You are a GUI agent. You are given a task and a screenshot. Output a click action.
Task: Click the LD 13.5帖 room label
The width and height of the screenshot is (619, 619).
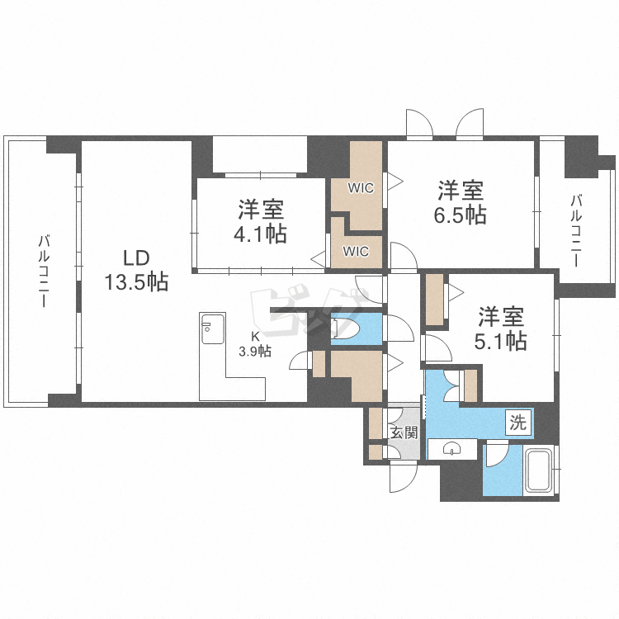[x=136, y=269]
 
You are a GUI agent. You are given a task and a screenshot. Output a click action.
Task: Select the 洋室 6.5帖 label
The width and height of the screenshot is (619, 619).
[x=461, y=202]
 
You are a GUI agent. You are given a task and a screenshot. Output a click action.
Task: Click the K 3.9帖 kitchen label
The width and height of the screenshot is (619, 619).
[x=256, y=344]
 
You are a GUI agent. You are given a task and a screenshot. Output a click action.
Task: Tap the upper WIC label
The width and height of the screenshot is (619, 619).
[x=360, y=188]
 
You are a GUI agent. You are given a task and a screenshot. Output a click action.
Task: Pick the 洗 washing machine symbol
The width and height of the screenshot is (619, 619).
[x=517, y=424]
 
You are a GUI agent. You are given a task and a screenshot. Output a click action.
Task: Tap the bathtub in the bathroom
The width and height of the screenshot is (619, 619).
[x=541, y=471]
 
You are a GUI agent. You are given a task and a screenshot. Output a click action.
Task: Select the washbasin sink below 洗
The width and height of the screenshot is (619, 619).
[x=452, y=449]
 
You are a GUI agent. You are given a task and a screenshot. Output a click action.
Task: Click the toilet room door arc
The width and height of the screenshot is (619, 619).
[x=401, y=330]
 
